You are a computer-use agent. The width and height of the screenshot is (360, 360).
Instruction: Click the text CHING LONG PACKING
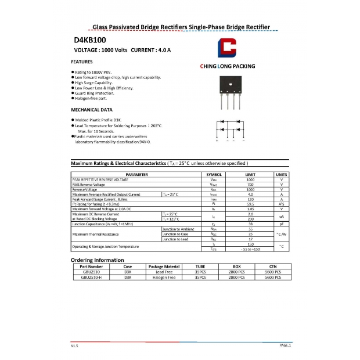(227, 67)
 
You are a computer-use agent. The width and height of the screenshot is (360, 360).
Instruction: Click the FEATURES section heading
(81, 62)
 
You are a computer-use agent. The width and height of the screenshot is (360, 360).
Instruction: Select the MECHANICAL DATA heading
(92, 109)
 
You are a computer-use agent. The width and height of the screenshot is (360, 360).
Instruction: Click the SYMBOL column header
(214, 174)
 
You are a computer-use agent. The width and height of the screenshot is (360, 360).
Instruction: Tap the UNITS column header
(281, 174)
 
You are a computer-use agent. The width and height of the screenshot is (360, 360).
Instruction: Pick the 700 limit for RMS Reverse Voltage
(250, 185)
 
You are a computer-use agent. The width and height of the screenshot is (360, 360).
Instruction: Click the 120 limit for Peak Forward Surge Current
(250, 199)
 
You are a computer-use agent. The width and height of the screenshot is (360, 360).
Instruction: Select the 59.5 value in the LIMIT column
(250, 204)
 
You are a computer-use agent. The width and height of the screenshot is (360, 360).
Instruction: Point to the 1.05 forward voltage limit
(250, 209)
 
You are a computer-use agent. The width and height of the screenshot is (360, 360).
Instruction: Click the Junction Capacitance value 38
(250, 224)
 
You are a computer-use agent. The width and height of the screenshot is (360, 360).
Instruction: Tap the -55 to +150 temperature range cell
(250, 249)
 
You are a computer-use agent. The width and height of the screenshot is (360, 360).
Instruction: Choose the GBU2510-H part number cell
(91, 278)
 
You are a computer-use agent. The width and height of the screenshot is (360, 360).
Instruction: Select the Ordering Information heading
(97, 260)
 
